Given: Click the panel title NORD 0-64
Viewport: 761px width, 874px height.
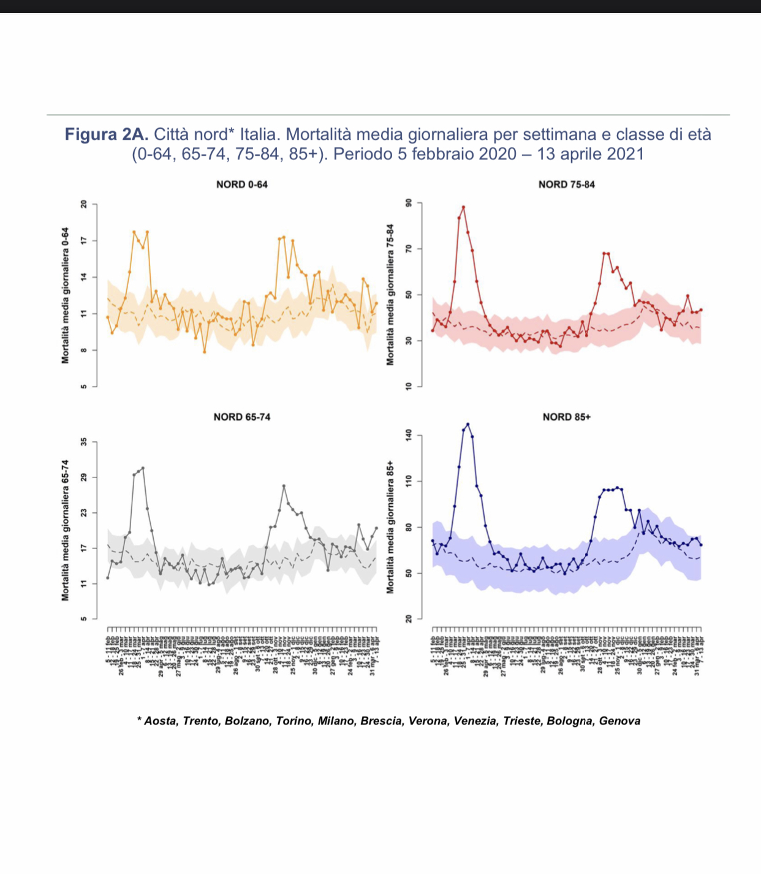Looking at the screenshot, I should (241, 184).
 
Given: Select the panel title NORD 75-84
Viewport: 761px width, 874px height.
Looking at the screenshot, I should (566, 184).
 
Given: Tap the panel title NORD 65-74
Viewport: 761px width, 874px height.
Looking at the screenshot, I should (241, 417).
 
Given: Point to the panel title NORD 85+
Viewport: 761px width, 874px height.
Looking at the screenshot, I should (566, 417).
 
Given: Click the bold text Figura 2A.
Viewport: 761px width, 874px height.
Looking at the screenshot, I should (107, 134).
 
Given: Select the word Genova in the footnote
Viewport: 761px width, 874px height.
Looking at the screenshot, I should (619, 721).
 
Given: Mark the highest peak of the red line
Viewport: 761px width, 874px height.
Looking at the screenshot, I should (463, 207).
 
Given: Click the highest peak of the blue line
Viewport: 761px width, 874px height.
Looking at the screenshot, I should (468, 424).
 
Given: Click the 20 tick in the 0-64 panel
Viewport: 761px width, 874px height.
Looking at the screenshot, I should (84, 204).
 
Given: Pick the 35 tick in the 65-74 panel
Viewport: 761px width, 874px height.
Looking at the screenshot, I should (84, 441).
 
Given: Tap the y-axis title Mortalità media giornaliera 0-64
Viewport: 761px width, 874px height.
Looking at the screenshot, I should (65, 295).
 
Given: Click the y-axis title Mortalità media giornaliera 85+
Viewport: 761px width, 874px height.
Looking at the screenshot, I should (390, 527).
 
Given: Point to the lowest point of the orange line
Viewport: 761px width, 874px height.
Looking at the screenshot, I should (205, 352).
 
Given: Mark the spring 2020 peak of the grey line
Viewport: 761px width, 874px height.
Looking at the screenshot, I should (143, 468).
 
